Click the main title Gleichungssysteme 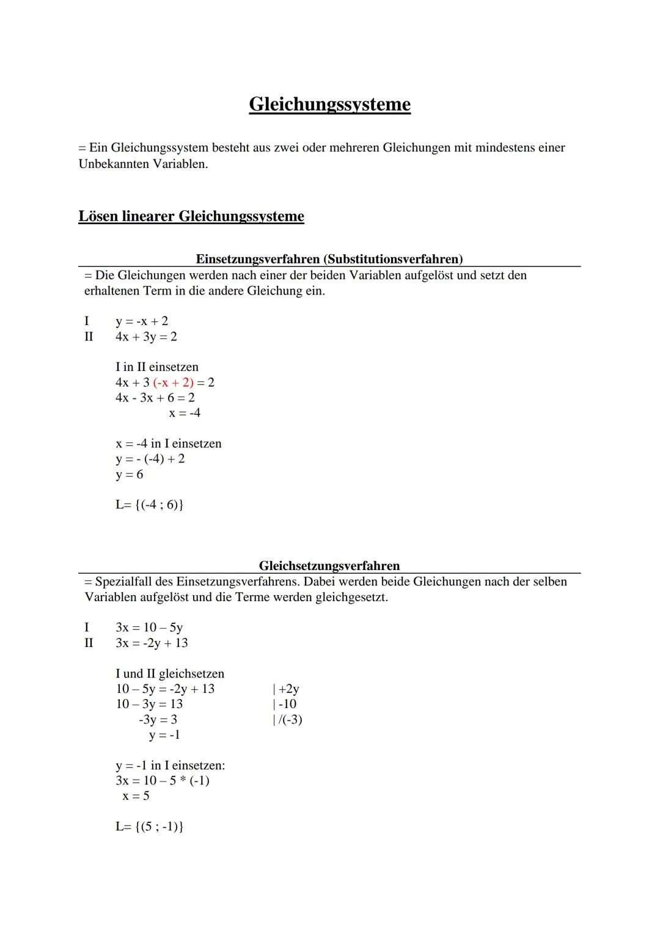point(329,104)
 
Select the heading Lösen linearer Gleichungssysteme point(191,216)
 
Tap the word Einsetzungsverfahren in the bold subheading point(257,259)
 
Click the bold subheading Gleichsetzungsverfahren point(329,566)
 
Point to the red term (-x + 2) point(173,382)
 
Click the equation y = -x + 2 point(142,321)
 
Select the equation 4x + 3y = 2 point(146,337)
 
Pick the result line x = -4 point(185,413)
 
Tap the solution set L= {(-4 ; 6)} point(150,505)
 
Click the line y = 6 point(130,474)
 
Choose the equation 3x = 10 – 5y point(149,627)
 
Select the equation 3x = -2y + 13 point(152,643)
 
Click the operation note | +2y point(285,689)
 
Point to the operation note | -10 point(284,704)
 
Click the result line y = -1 point(164,734)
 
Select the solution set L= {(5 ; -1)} point(150,827)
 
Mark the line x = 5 point(136,796)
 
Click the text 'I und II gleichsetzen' point(170,673)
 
